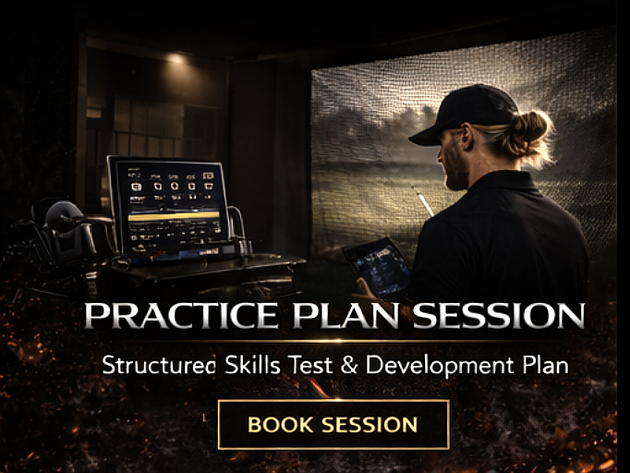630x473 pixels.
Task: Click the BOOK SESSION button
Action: [333, 425]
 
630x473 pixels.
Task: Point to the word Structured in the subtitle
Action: [160, 364]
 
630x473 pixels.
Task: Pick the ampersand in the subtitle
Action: [348, 364]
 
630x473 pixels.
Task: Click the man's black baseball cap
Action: [462, 109]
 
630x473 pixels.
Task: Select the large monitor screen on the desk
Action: [167, 203]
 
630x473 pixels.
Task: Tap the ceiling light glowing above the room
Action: [176, 58]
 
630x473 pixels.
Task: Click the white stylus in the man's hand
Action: [425, 204]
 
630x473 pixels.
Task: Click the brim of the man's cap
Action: [422, 136]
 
